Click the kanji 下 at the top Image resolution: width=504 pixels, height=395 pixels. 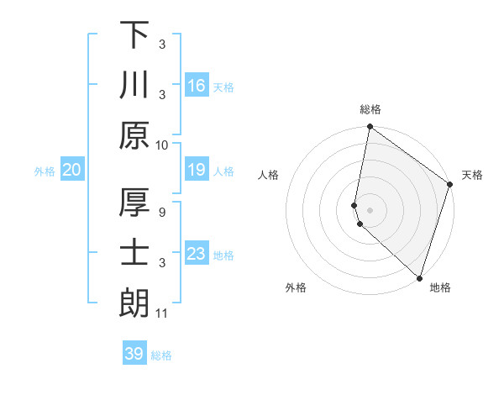tap(134, 34)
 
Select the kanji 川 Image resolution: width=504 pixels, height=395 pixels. tap(134, 85)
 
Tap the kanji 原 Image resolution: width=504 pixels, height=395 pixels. tap(134, 135)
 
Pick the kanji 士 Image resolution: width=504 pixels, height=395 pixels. tap(134, 253)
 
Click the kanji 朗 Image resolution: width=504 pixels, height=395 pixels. tap(134, 303)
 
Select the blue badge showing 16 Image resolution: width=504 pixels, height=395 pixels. tap(197, 85)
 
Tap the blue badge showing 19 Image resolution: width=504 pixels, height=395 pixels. tap(197, 170)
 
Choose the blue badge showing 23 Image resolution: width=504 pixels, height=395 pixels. tap(197, 254)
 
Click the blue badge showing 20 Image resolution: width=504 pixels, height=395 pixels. tap(72, 170)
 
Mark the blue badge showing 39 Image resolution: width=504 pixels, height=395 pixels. tap(134, 354)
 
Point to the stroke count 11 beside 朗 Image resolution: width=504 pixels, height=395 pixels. tap(162, 313)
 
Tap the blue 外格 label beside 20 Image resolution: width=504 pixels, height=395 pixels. tap(45, 171)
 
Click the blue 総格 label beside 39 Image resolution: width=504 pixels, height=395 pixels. tap(161, 355)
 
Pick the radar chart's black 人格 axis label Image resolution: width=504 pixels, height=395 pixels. tap(269, 175)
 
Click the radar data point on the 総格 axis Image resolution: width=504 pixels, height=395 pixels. tap(370, 128)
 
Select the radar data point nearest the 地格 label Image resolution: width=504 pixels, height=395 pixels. tap(419, 277)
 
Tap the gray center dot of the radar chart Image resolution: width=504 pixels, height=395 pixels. tap(370, 209)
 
